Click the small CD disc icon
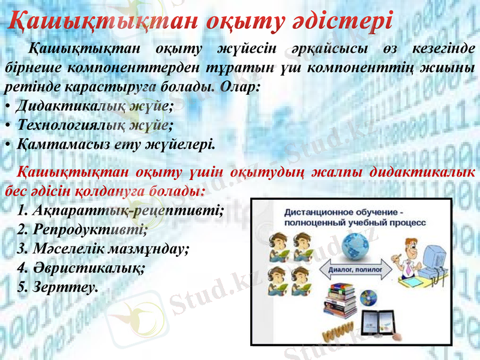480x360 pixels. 370,296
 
